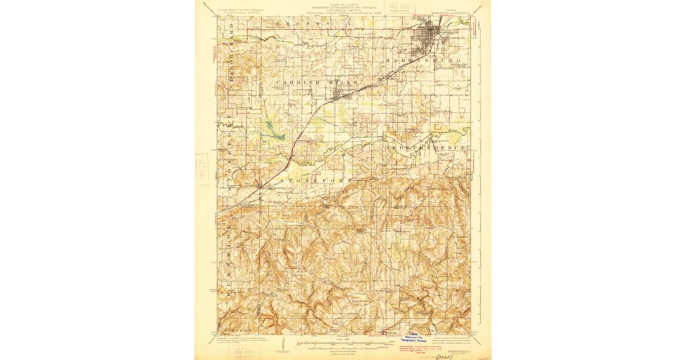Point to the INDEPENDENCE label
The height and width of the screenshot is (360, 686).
[426, 147]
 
